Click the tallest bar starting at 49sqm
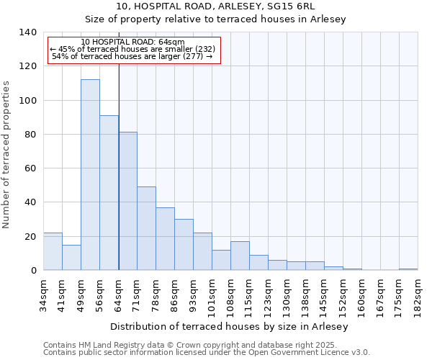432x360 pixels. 90,175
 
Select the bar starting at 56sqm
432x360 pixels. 109,193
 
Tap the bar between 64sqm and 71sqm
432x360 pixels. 127,201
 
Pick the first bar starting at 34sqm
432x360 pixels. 53,251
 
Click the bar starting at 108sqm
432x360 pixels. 240,256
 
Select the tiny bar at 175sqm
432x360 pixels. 408,269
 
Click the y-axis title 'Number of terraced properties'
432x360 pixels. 7,155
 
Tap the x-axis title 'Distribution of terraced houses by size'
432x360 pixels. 230,326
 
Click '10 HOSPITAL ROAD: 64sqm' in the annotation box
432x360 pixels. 132,42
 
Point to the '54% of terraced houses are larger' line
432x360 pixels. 132,56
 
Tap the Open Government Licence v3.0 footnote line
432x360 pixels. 206,353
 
